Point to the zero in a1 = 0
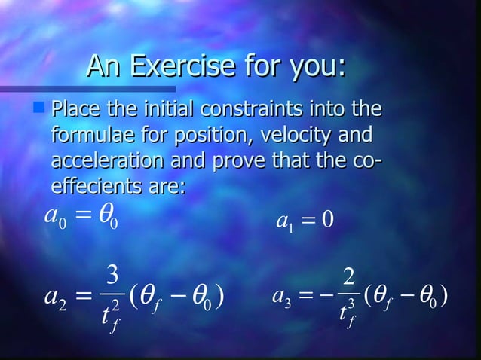[x=327, y=222]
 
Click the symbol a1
[x=284, y=222]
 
